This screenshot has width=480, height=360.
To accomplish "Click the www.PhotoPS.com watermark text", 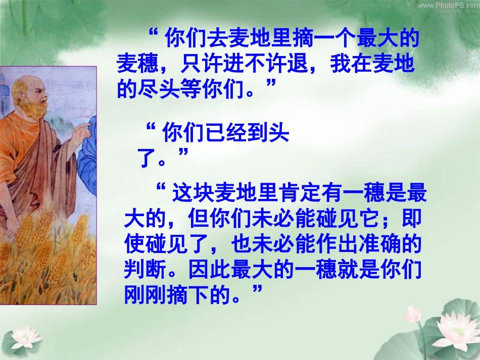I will point(447,5).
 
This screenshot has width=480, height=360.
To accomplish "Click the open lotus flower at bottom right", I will point(458,328).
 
